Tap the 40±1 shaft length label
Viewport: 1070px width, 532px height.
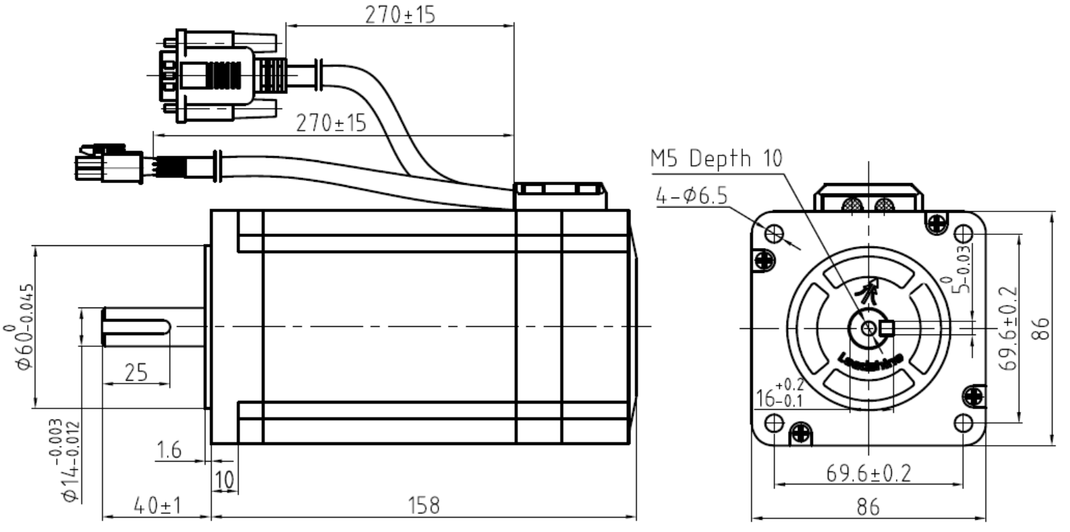[x=156, y=506]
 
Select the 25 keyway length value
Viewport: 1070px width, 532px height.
[x=135, y=372]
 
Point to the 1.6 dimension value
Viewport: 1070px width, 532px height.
[x=168, y=450]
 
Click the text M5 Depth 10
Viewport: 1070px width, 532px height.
[x=716, y=159]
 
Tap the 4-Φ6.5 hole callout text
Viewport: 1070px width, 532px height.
[x=691, y=196]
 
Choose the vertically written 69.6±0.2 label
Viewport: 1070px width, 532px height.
[x=1010, y=328]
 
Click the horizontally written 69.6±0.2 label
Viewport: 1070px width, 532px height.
[x=868, y=473]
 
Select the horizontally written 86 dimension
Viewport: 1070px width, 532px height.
[x=868, y=508]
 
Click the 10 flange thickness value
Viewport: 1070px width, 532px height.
[x=225, y=479]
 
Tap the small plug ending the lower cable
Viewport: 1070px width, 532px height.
[x=104, y=164]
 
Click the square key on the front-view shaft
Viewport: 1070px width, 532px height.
[x=888, y=327]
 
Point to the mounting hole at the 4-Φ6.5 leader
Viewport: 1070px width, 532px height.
[x=775, y=234]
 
